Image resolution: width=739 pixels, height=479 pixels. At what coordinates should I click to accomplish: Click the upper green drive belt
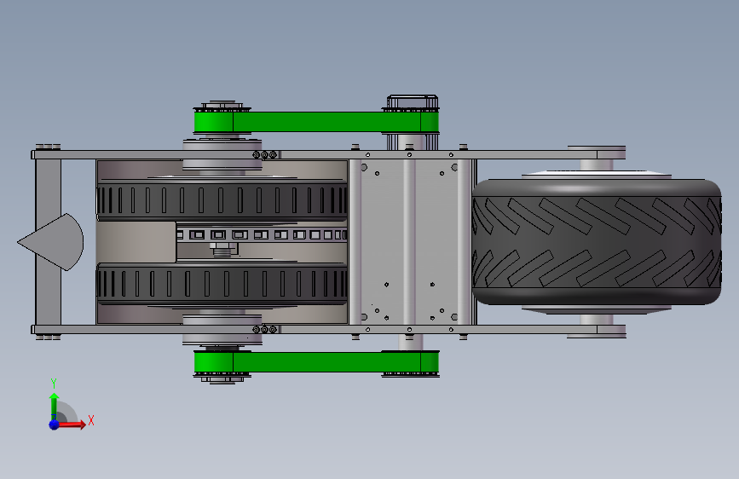pyautogui.click(x=316, y=122)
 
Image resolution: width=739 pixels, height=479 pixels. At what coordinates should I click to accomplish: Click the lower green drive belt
pyautogui.click(x=316, y=362)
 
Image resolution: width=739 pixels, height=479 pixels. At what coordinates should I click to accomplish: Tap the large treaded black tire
pyautogui.click(x=597, y=242)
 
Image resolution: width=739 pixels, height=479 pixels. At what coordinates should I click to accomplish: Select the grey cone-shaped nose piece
pyautogui.click(x=51, y=242)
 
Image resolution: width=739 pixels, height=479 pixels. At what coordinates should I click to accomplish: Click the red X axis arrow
pyautogui.click(x=71, y=424)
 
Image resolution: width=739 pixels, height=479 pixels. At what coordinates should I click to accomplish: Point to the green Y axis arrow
pyautogui.click(x=55, y=407)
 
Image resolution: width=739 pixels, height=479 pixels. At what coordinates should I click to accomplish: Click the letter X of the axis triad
pyautogui.click(x=91, y=420)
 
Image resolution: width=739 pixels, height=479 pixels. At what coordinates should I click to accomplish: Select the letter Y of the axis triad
pyautogui.click(x=54, y=383)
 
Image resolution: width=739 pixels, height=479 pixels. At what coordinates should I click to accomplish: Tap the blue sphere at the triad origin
pyautogui.click(x=55, y=424)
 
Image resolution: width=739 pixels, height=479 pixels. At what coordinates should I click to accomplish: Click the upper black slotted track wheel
pyautogui.click(x=222, y=200)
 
